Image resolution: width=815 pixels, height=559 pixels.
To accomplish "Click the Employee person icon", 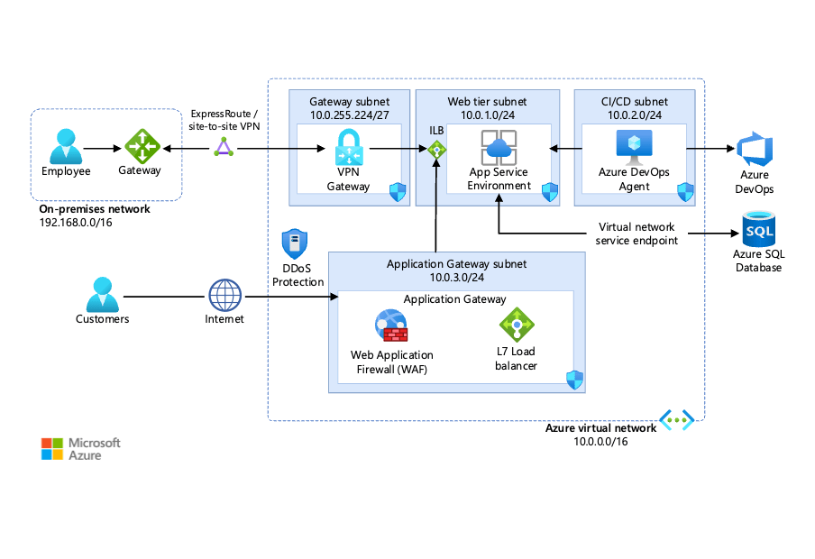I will (x=66, y=146).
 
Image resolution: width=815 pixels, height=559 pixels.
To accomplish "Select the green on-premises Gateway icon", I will (x=141, y=146).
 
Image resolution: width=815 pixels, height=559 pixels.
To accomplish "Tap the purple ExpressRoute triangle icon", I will (x=223, y=147).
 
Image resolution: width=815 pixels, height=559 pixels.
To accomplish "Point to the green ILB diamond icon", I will (x=437, y=151).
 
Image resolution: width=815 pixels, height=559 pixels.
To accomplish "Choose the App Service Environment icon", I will (x=498, y=147).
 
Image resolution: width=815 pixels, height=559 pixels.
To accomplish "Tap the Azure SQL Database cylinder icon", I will (x=757, y=230).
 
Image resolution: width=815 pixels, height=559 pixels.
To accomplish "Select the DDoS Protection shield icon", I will (x=295, y=244).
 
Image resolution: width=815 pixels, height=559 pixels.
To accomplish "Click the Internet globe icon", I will (x=225, y=296).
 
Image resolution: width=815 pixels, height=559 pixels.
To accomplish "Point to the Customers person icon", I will (x=102, y=294).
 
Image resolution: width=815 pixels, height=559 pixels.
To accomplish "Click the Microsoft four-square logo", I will (x=53, y=449).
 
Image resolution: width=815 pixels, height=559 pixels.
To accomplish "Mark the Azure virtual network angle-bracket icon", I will (x=675, y=418).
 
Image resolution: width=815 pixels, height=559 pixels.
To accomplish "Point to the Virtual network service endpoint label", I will (x=637, y=234).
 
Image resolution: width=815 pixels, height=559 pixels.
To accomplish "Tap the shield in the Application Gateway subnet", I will (x=573, y=379).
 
